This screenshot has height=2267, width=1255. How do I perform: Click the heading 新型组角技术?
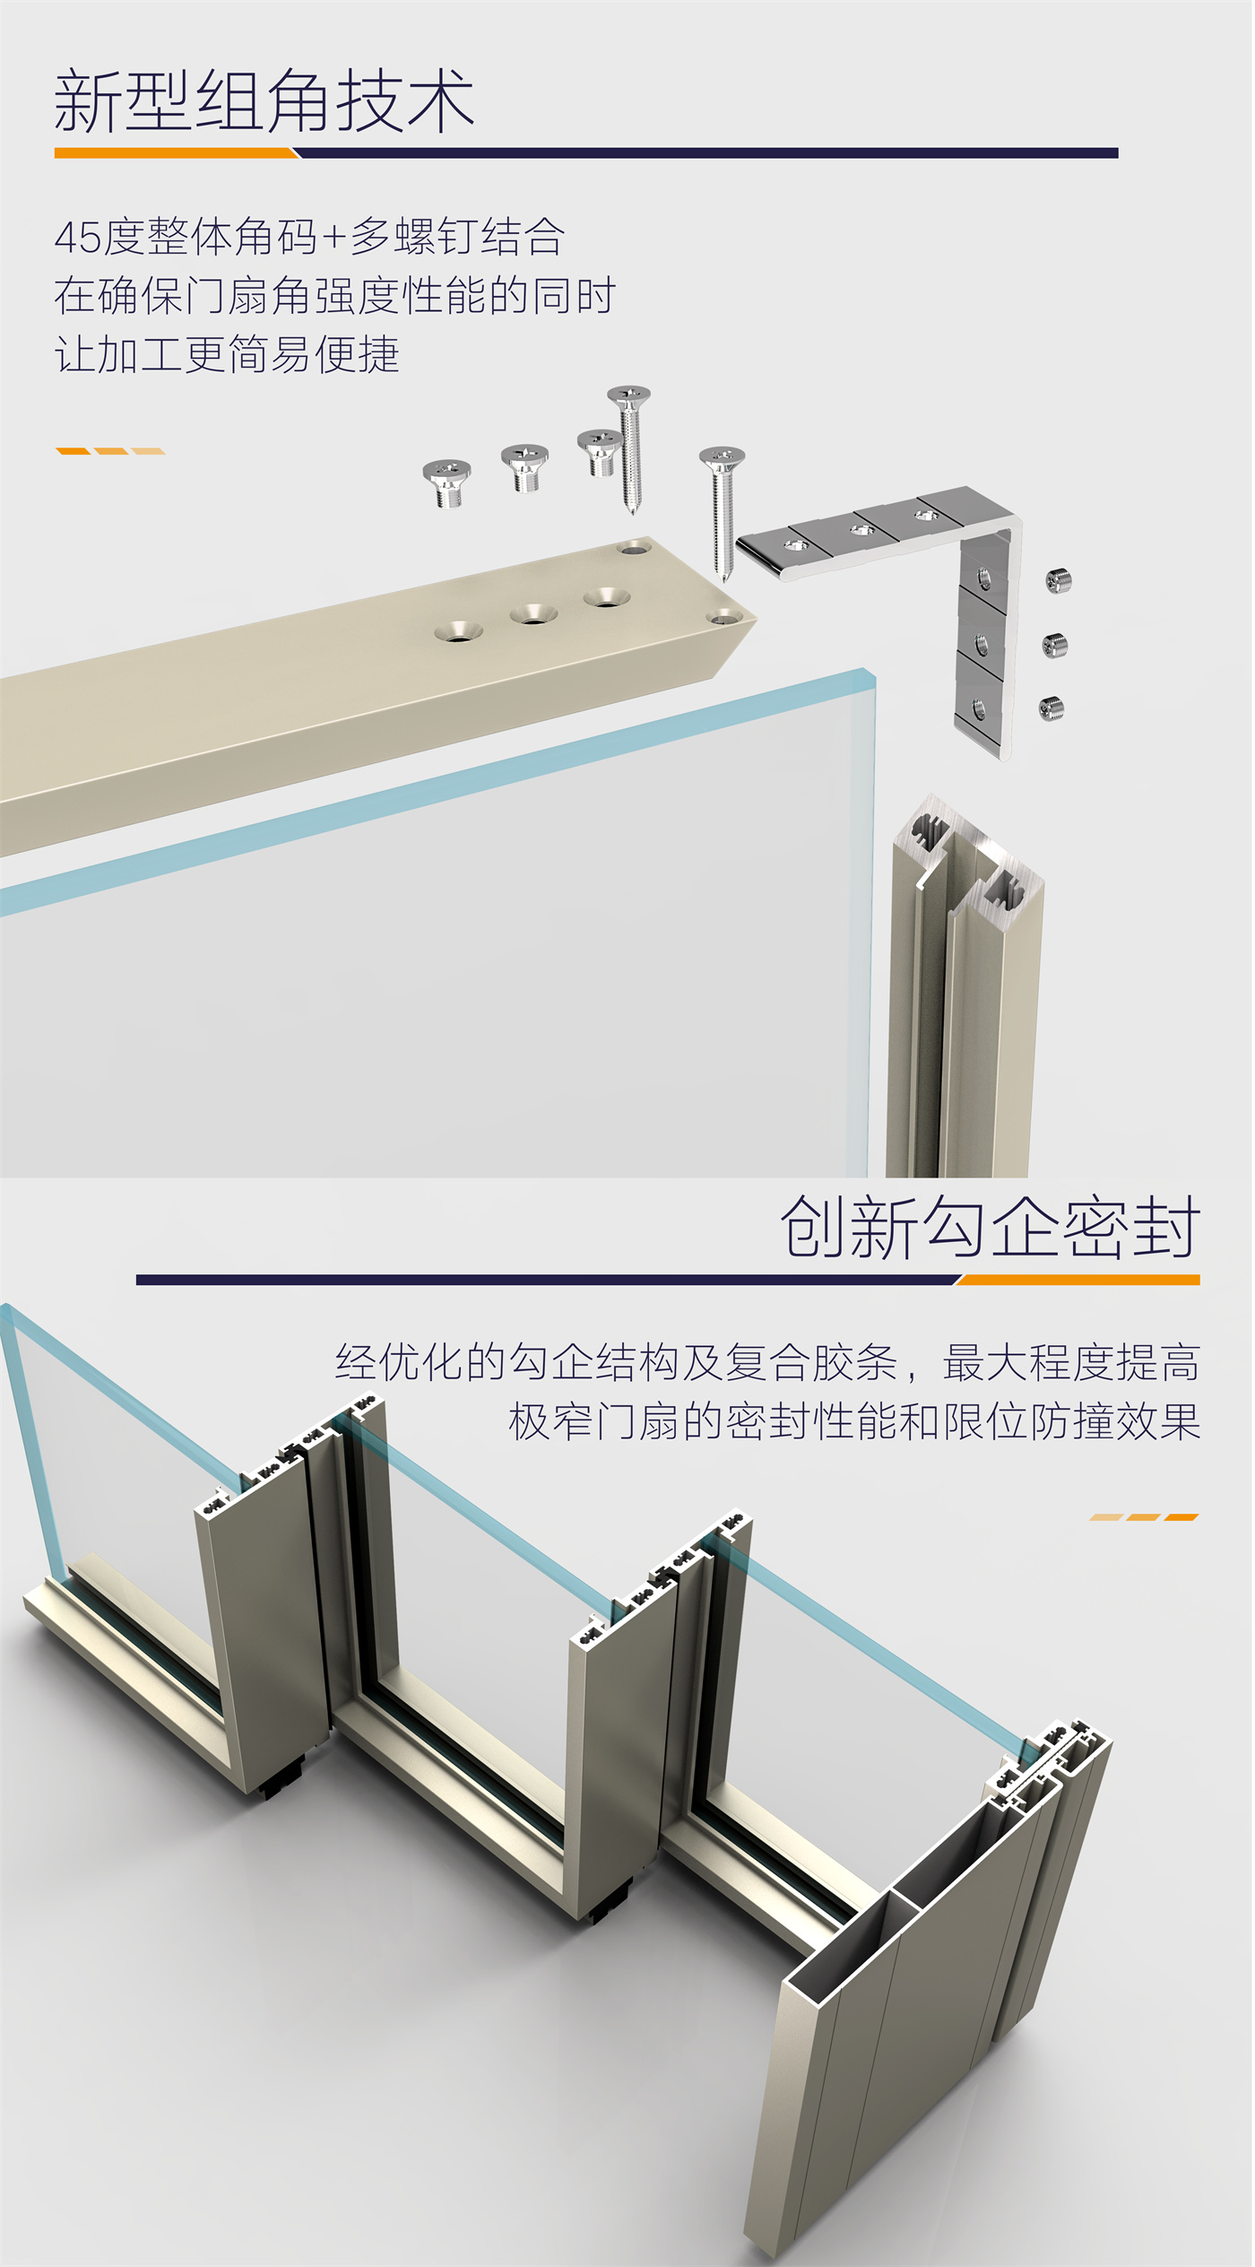point(264,100)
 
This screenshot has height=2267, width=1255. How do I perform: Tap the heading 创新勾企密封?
point(990,1227)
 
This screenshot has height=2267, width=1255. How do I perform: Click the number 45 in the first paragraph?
point(78,238)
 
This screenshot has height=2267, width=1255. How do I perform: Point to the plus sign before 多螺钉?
point(334,238)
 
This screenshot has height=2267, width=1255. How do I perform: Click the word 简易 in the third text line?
point(270,354)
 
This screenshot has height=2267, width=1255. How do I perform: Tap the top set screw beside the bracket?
point(1059,581)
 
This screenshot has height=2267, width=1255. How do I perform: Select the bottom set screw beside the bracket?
point(1052,708)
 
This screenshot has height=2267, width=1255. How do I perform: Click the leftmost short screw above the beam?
point(446,482)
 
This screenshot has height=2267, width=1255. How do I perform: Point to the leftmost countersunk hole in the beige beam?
point(459,631)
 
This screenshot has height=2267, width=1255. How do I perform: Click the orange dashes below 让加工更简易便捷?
point(110,451)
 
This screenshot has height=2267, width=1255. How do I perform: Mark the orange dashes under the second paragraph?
point(1145,1517)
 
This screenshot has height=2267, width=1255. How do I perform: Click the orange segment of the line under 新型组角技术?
point(176,153)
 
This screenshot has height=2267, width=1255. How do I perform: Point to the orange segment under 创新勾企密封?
point(1078,1280)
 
